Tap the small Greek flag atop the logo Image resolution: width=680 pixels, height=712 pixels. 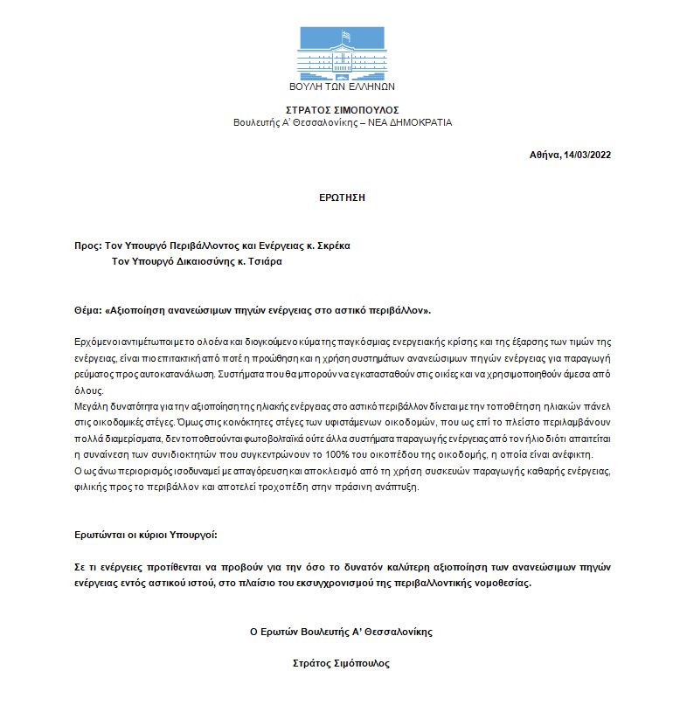click(x=346, y=35)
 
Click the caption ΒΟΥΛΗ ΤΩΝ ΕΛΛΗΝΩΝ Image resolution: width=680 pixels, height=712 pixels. click(x=342, y=86)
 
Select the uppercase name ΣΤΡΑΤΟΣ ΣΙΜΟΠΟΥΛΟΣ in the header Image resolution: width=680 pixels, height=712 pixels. click(x=342, y=110)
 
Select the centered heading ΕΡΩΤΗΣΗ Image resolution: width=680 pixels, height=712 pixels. click(x=342, y=197)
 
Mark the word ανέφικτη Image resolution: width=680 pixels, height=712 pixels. click(x=571, y=454)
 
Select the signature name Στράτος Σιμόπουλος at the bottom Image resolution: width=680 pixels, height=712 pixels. click(x=342, y=663)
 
